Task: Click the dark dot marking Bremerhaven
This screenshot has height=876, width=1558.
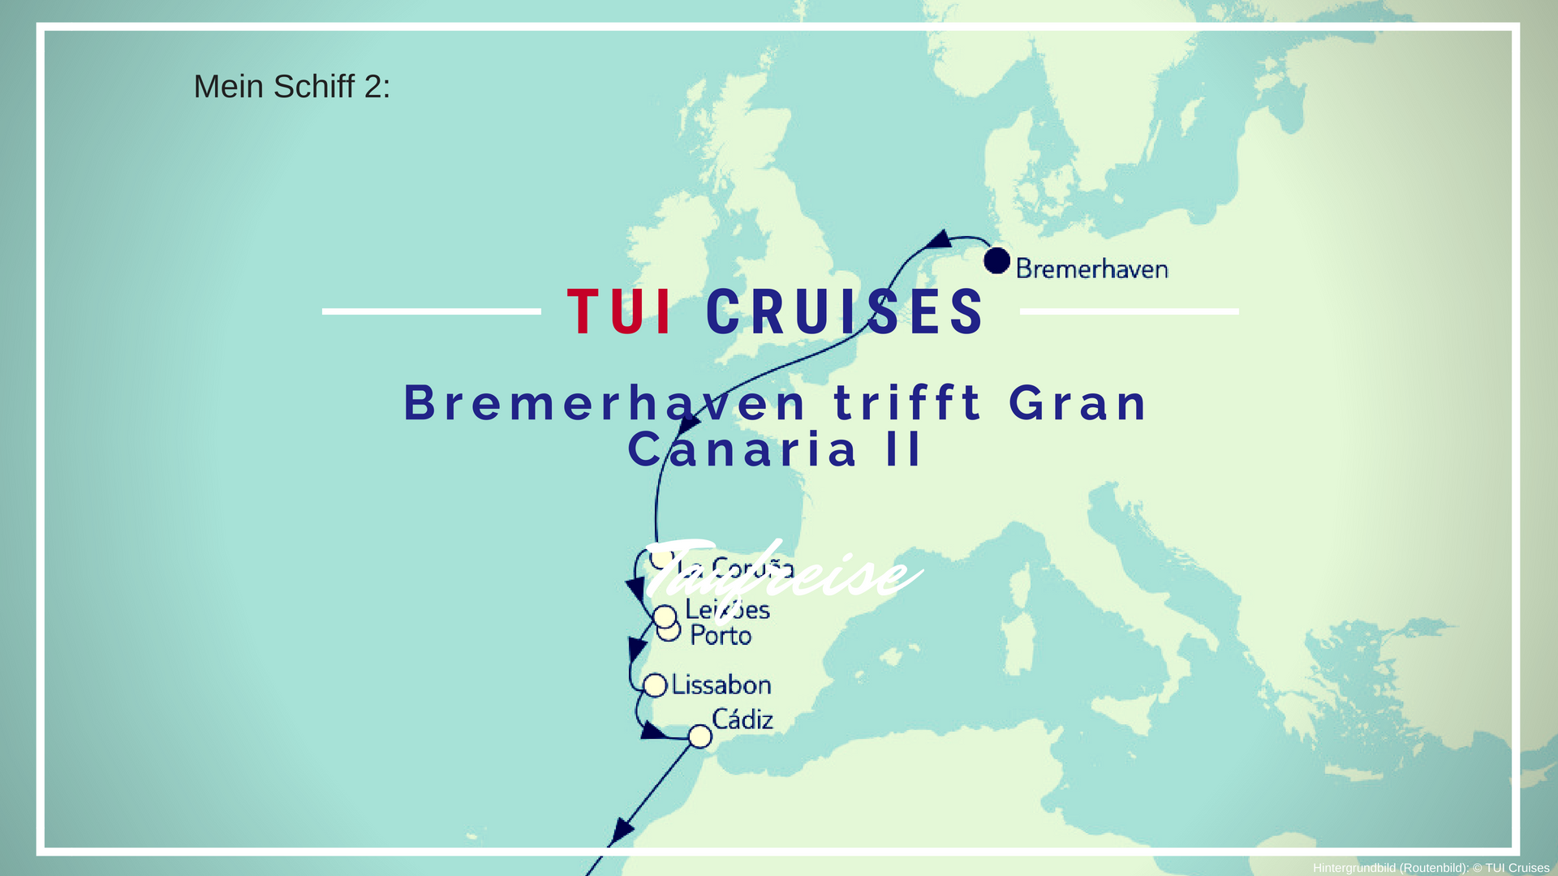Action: [x=996, y=261]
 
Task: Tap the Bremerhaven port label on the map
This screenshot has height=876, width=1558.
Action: [x=1091, y=268]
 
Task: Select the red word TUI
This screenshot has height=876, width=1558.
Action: [x=620, y=312]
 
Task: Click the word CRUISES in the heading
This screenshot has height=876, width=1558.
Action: [x=845, y=312]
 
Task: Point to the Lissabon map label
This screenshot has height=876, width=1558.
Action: [x=721, y=685]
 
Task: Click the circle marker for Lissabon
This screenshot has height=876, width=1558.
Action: [x=655, y=685]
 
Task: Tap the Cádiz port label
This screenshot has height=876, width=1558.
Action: [x=742, y=719]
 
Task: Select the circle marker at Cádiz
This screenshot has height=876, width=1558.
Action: [x=699, y=736]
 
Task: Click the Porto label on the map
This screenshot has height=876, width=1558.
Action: [x=721, y=635]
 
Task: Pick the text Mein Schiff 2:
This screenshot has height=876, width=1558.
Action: [x=292, y=87]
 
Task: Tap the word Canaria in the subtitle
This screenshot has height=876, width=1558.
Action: [x=742, y=450]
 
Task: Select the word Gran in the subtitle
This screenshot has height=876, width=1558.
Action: [x=1078, y=403]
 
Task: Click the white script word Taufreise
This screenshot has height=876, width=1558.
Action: [x=783, y=570]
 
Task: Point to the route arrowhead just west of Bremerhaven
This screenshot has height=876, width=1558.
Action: [x=940, y=239]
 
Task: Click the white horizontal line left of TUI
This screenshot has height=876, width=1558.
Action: [x=431, y=311]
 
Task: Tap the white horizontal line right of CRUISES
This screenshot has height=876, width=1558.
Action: [x=1129, y=311]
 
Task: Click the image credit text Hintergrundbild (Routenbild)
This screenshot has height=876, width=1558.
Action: [x=1390, y=868]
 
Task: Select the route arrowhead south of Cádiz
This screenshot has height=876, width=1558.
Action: [x=622, y=830]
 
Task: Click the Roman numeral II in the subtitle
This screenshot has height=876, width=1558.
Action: [x=903, y=450]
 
